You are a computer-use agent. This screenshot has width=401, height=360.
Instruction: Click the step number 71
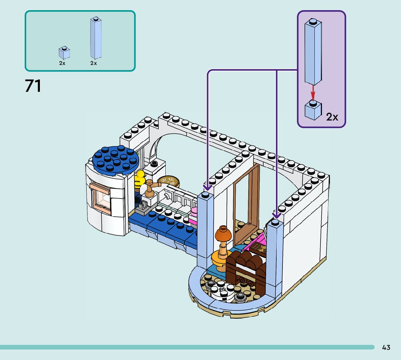tap(33, 86)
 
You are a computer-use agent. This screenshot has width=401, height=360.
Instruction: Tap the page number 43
tap(386, 348)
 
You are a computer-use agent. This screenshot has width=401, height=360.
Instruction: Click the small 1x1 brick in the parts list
tap(64, 53)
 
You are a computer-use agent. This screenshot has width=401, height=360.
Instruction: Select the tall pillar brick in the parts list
tap(96, 38)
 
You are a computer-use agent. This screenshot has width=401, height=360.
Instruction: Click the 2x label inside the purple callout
tap(332, 117)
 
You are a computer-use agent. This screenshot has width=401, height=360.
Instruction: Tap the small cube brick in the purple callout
tap(313, 110)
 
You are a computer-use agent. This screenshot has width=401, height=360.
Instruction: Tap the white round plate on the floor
tap(223, 291)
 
